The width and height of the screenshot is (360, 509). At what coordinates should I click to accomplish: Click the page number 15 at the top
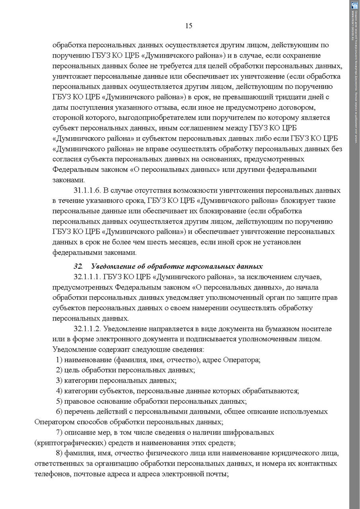point(189,26)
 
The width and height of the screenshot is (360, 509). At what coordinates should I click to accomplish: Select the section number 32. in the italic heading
point(78,266)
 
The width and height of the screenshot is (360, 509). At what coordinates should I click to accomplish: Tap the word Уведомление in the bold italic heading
point(113,266)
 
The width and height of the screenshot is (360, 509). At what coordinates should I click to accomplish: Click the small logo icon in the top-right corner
point(354,5)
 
